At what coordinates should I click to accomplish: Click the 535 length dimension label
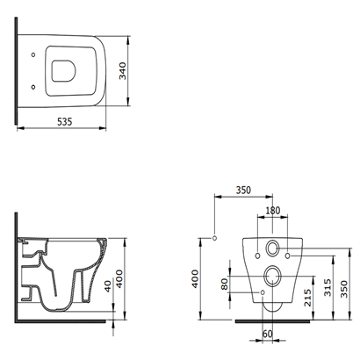[x=64, y=121]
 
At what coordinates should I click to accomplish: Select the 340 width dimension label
[x=123, y=71]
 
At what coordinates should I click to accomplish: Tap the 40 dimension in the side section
[x=108, y=286]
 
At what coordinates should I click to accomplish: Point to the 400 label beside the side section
[x=119, y=279]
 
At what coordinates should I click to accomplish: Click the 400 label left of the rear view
[x=195, y=279]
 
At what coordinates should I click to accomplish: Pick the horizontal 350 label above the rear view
[x=243, y=191]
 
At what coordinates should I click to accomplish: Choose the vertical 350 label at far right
[x=344, y=289]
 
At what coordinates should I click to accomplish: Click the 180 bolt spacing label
[x=272, y=211]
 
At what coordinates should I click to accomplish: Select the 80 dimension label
[x=225, y=284]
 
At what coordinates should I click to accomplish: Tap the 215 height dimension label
[x=307, y=298]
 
